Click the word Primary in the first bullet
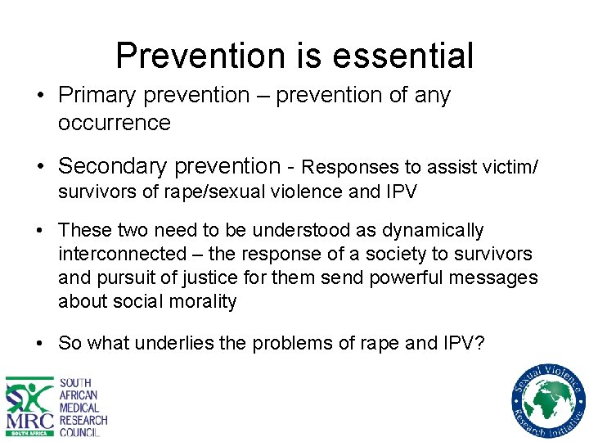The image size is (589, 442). coord(99,96)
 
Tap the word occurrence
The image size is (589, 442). coord(115,124)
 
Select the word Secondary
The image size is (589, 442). coord(122,166)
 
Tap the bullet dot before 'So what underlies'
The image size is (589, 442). coord(40,344)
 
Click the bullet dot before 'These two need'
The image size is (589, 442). coord(40,232)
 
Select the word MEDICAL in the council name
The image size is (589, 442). coord(80,408)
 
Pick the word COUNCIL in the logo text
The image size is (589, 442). coord(80,432)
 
